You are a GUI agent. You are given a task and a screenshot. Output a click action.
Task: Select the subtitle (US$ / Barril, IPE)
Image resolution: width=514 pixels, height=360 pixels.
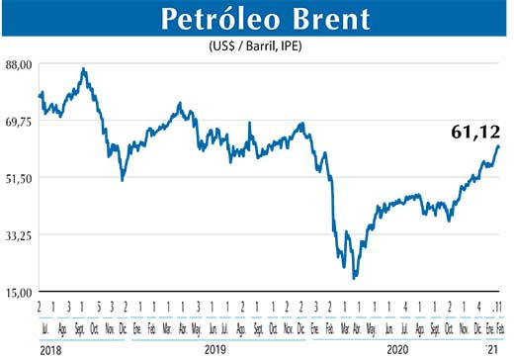click(258, 47)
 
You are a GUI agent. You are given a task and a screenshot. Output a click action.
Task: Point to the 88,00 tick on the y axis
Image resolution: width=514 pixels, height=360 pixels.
click(20, 64)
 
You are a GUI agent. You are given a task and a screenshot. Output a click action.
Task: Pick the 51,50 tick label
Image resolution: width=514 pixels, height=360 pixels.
click(20, 178)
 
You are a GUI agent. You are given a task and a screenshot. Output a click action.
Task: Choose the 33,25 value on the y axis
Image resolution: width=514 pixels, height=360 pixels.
click(20, 235)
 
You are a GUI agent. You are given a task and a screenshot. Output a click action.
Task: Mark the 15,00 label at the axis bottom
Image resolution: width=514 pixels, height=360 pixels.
click(20, 292)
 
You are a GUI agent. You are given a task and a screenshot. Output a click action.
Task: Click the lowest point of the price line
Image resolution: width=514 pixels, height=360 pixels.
click(354, 278)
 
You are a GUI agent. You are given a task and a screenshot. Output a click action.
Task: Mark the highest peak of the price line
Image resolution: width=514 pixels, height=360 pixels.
click(84, 69)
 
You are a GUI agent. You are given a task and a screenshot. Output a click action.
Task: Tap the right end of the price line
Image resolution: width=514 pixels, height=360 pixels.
click(499, 146)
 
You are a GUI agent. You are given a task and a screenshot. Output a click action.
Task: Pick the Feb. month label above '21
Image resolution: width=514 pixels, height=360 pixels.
click(500, 326)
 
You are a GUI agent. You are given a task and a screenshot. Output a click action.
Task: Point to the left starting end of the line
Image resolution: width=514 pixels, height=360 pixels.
click(39, 96)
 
